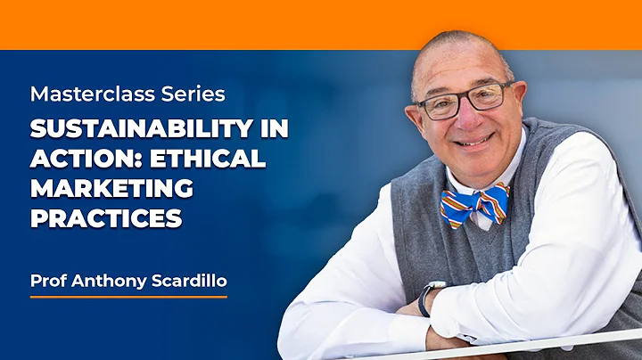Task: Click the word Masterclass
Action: [79, 93]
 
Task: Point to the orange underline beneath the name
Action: [128, 296]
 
